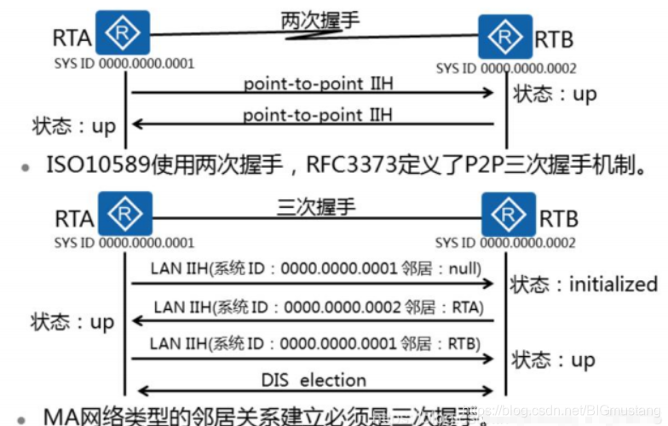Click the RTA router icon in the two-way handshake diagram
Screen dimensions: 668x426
tap(126, 32)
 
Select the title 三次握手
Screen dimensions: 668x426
tap(316, 206)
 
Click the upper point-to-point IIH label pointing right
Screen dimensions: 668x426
tap(318, 83)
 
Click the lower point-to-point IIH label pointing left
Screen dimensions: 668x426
tap(318, 114)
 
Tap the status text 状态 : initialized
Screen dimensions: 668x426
tap(584, 285)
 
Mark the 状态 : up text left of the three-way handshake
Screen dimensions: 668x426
tap(72, 323)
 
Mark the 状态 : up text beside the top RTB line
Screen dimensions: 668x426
tap(555, 94)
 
